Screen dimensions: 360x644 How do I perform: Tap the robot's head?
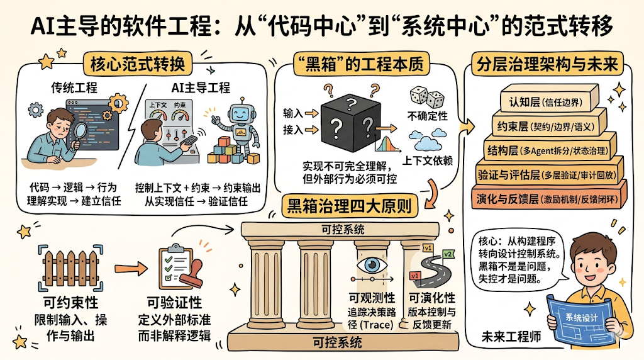coord(238,115)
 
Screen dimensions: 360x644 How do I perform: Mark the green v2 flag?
coord(448,254)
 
